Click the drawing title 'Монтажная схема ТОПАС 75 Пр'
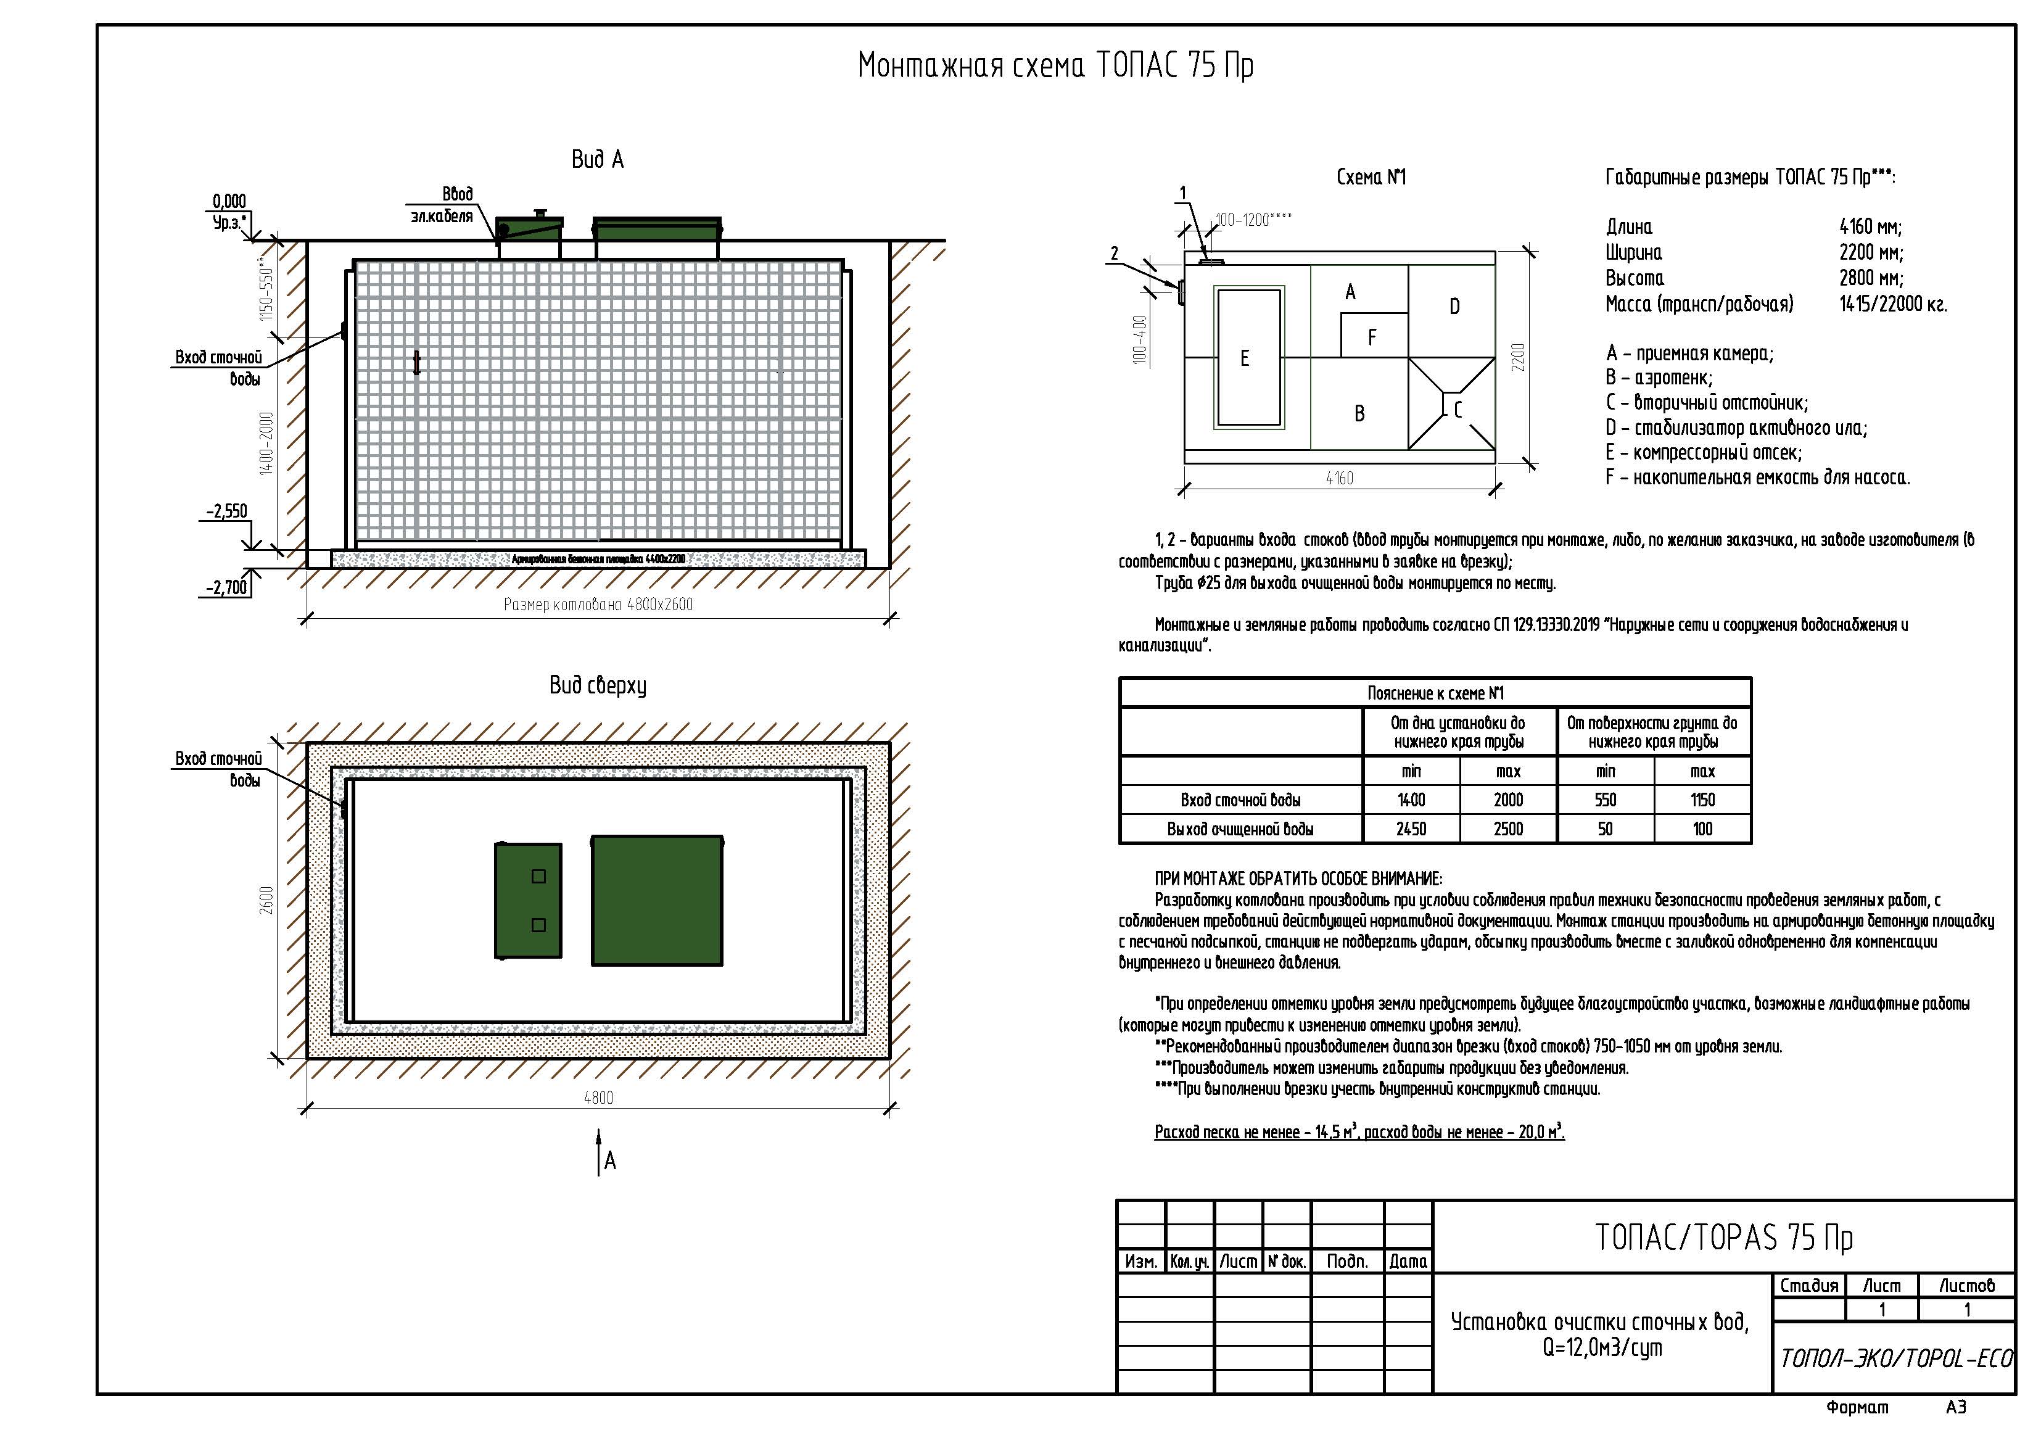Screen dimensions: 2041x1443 tap(1055, 67)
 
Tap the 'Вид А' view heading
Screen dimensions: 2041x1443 tap(597, 160)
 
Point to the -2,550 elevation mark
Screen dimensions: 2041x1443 tap(227, 511)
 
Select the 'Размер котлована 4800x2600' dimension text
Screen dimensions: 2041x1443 tap(598, 605)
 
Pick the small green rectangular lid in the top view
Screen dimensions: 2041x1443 tap(528, 901)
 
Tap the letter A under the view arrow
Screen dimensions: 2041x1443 tap(610, 1160)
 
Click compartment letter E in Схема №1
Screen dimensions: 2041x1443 tap(1245, 358)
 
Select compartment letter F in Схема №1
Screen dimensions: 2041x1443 tap(1372, 338)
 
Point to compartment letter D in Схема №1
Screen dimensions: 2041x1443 tap(1454, 307)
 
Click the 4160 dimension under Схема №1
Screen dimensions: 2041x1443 tap(1340, 478)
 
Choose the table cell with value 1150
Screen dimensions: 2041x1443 tap(1702, 800)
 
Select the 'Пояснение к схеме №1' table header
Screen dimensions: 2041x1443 tap(1436, 693)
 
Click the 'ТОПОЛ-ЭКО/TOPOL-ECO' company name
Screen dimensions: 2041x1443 tap(1896, 1358)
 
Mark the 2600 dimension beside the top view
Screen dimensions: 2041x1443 tap(266, 899)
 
